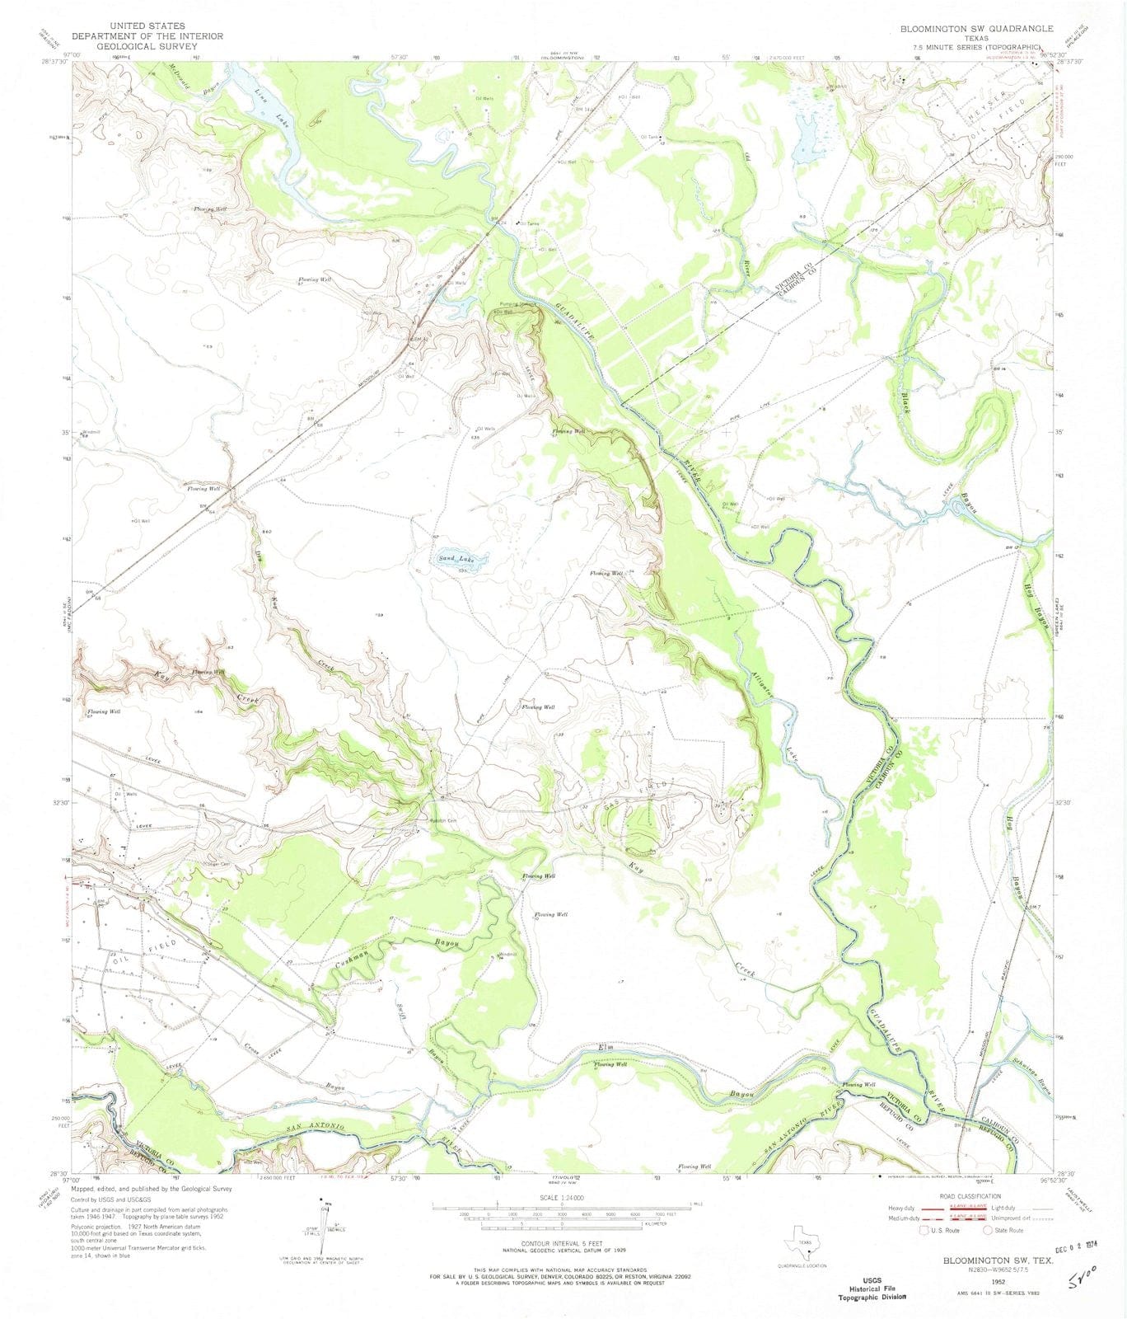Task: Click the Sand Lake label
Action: tap(457, 559)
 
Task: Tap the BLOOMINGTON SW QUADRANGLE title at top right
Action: tap(976, 29)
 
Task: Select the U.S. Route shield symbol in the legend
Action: tap(925, 1230)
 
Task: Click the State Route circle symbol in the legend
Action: tap(988, 1230)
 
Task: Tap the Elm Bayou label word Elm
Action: tap(606, 1048)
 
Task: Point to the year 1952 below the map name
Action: tap(998, 1283)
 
